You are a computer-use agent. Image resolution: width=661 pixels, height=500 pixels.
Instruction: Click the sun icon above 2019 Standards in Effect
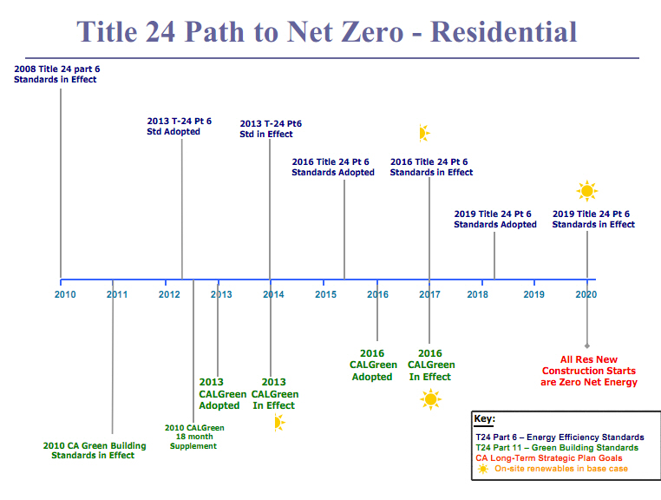(x=587, y=191)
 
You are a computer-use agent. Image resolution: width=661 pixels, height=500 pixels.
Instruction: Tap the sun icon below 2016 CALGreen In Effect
(x=430, y=399)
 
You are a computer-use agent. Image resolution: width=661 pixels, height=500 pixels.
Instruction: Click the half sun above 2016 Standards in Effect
(x=422, y=133)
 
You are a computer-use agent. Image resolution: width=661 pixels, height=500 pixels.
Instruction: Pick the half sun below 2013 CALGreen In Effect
(x=278, y=423)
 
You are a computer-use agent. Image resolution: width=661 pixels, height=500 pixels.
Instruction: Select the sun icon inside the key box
(x=482, y=469)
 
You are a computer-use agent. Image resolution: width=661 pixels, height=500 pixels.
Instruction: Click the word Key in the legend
(x=484, y=419)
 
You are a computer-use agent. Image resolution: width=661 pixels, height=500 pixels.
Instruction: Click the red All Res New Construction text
(x=588, y=371)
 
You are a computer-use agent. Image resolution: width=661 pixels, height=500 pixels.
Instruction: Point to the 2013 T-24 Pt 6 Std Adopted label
(x=179, y=127)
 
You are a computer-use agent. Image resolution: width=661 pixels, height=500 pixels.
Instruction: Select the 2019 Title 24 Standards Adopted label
(x=495, y=220)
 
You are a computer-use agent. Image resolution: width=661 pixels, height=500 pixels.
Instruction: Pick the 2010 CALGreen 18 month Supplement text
(x=194, y=437)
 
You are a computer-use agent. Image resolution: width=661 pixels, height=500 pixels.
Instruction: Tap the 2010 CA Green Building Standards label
(x=95, y=451)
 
